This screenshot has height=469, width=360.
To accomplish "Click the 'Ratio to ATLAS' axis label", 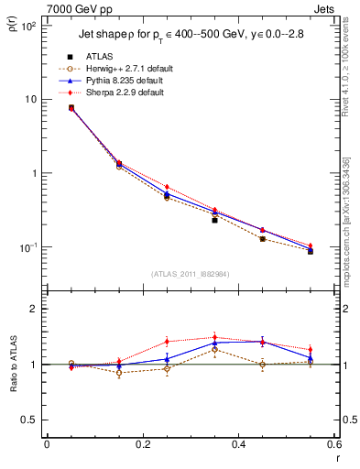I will pos(12,365).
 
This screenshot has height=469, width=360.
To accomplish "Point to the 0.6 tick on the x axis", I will pos(334,444).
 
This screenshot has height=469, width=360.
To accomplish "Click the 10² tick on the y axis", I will pos(28,26).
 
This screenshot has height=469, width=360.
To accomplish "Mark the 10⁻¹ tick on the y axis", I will pos(28,247).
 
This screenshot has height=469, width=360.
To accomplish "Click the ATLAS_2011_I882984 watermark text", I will pos(191,274).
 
